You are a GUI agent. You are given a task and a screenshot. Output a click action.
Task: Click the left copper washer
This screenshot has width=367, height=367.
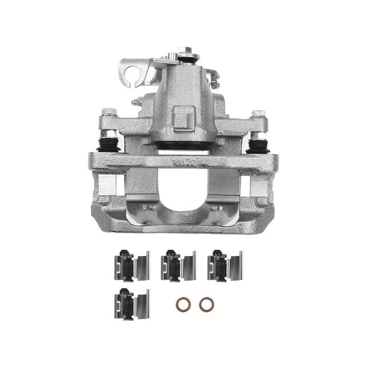tap(183, 305)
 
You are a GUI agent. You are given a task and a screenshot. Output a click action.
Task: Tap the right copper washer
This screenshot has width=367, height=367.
tap(206, 305)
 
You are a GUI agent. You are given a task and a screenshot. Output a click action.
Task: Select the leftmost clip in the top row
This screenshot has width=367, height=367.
tap(130, 265)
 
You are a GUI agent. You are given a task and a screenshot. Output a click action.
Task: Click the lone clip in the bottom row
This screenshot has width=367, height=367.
tap(130, 303)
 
